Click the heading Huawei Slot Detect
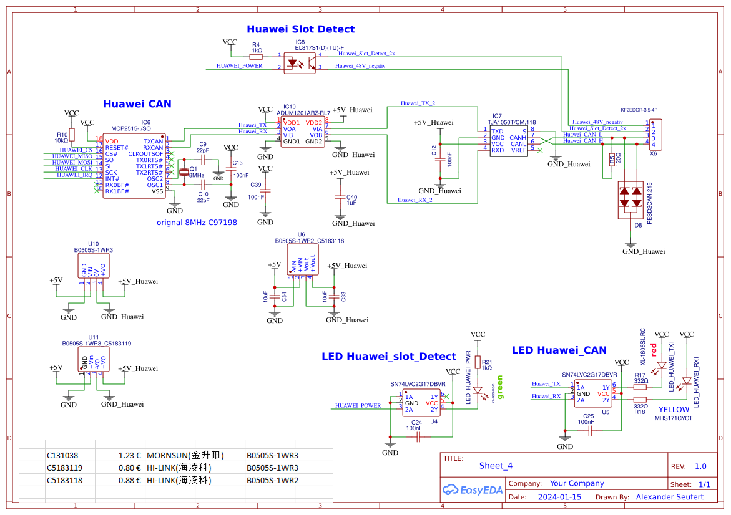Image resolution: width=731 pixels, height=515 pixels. point(300,29)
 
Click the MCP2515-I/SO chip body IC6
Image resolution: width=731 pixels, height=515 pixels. point(134,165)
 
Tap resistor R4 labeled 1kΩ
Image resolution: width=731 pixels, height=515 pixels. point(256,55)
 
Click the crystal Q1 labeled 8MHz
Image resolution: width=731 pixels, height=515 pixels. point(184,171)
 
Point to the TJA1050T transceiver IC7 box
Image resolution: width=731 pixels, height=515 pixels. point(509,141)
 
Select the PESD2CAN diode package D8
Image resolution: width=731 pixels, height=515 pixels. point(630,199)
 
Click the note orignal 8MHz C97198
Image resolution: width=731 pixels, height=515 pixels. point(196,222)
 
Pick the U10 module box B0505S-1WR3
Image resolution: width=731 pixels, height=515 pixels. point(93,266)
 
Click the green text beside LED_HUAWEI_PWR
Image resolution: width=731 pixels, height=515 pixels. point(499,387)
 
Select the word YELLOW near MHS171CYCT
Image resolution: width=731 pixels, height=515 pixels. point(674,410)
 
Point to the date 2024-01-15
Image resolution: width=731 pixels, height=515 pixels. point(559,497)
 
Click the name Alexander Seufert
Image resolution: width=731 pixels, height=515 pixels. point(669,497)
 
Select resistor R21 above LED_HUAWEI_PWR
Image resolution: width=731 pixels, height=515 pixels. point(478,362)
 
